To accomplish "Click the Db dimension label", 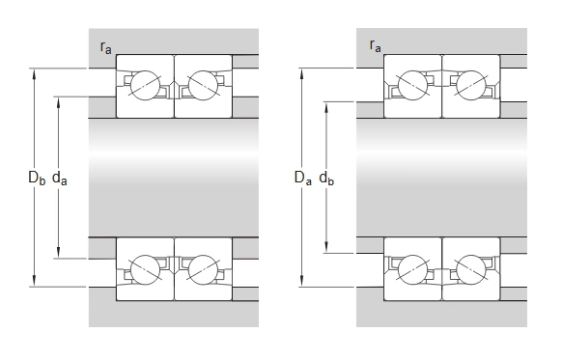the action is pyautogui.click(x=37, y=178).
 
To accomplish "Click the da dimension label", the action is pyautogui.click(x=60, y=178).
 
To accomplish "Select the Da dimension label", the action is pyautogui.click(x=303, y=178).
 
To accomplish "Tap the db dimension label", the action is pyautogui.click(x=326, y=178).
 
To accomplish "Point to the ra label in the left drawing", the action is pyautogui.click(x=106, y=47).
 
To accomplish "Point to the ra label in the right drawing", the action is pyautogui.click(x=376, y=46).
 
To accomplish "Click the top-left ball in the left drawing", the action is pyautogui.click(x=145, y=86).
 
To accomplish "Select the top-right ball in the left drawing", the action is pyautogui.click(x=203, y=86).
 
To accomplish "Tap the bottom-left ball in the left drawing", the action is pyautogui.click(x=145, y=269).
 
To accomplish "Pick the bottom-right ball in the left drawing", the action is pyautogui.click(x=203, y=269).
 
